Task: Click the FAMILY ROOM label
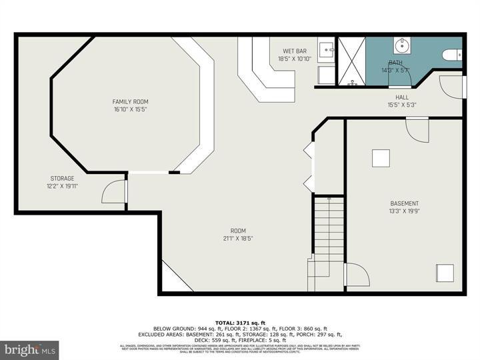click(x=130, y=101)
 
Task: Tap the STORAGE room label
click(x=62, y=178)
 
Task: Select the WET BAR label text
click(x=295, y=51)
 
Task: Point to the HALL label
click(x=402, y=97)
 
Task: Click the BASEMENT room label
click(x=404, y=203)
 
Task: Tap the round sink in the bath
click(x=403, y=46)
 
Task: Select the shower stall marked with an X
click(x=351, y=61)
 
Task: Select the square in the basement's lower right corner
click(x=444, y=273)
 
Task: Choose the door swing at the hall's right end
click(x=452, y=86)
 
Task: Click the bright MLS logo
click(x=29, y=350)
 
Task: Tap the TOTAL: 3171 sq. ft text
click(x=239, y=322)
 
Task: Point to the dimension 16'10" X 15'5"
click(x=130, y=109)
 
